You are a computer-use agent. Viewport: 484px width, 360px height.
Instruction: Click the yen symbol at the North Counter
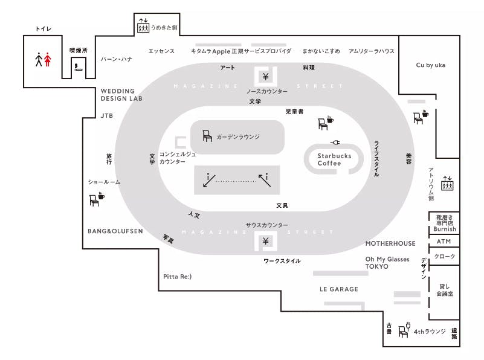tap(265, 76)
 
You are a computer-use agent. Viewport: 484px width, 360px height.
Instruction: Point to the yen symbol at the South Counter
tap(265, 242)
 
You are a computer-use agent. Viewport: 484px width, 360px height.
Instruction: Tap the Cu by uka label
tap(430, 65)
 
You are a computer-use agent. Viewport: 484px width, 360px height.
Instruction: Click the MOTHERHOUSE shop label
tap(390, 243)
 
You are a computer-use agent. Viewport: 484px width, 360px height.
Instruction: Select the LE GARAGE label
tap(338, 289)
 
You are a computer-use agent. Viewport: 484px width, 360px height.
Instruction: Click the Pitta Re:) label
tap(177, 277)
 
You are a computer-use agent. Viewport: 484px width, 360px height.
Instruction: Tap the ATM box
tap(444, 242)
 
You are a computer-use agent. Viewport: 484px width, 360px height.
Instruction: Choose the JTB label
tap(107, 115)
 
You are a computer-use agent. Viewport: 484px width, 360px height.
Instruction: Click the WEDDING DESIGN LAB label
tap(121, 95)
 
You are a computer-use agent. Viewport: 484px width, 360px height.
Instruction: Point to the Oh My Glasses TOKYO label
tap(387, 263)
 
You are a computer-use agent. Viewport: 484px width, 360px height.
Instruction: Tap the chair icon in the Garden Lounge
tap(207, 136)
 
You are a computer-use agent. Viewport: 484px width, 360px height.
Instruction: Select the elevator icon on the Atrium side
tap(447, 183)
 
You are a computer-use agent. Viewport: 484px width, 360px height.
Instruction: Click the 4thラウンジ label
tap(430, 332)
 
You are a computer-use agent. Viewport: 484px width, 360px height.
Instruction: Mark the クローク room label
tap(445, 257)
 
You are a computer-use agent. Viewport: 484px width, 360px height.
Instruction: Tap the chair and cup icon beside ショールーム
tap(96, 199)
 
